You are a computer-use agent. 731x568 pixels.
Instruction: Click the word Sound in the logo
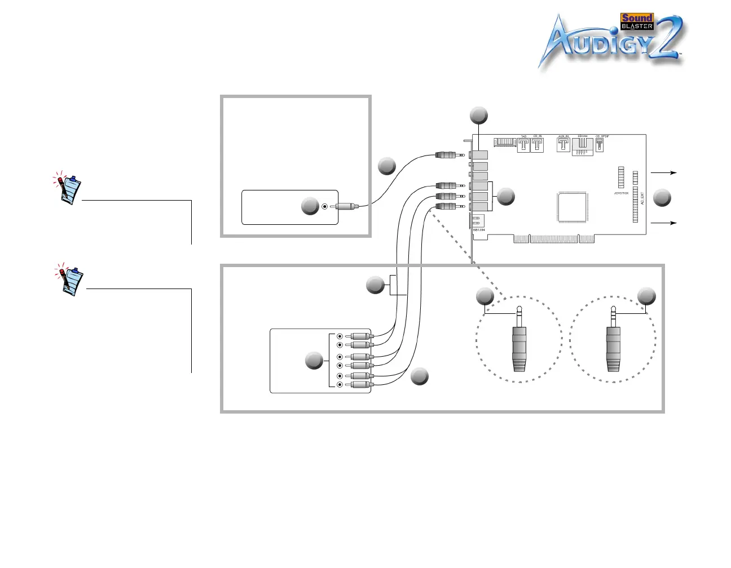(636, 18)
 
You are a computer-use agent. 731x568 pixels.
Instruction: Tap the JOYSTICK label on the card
(621, 193)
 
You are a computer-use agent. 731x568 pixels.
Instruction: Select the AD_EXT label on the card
(642, 198)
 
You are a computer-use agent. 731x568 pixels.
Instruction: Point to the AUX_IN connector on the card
(563, 144)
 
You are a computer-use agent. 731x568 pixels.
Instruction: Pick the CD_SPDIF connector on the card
(600, 145)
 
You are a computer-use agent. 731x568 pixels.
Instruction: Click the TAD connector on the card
(523, 145)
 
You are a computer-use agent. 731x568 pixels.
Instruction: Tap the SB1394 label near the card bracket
(479, 230)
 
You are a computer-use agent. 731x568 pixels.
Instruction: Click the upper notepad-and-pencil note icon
(69, 188)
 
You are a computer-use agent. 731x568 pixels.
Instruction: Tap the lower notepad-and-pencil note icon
(71, 279)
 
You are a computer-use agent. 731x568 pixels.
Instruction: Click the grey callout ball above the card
(478, 115)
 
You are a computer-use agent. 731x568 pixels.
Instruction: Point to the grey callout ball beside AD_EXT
(662, 198)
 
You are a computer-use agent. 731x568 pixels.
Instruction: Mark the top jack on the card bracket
(480, 154)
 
